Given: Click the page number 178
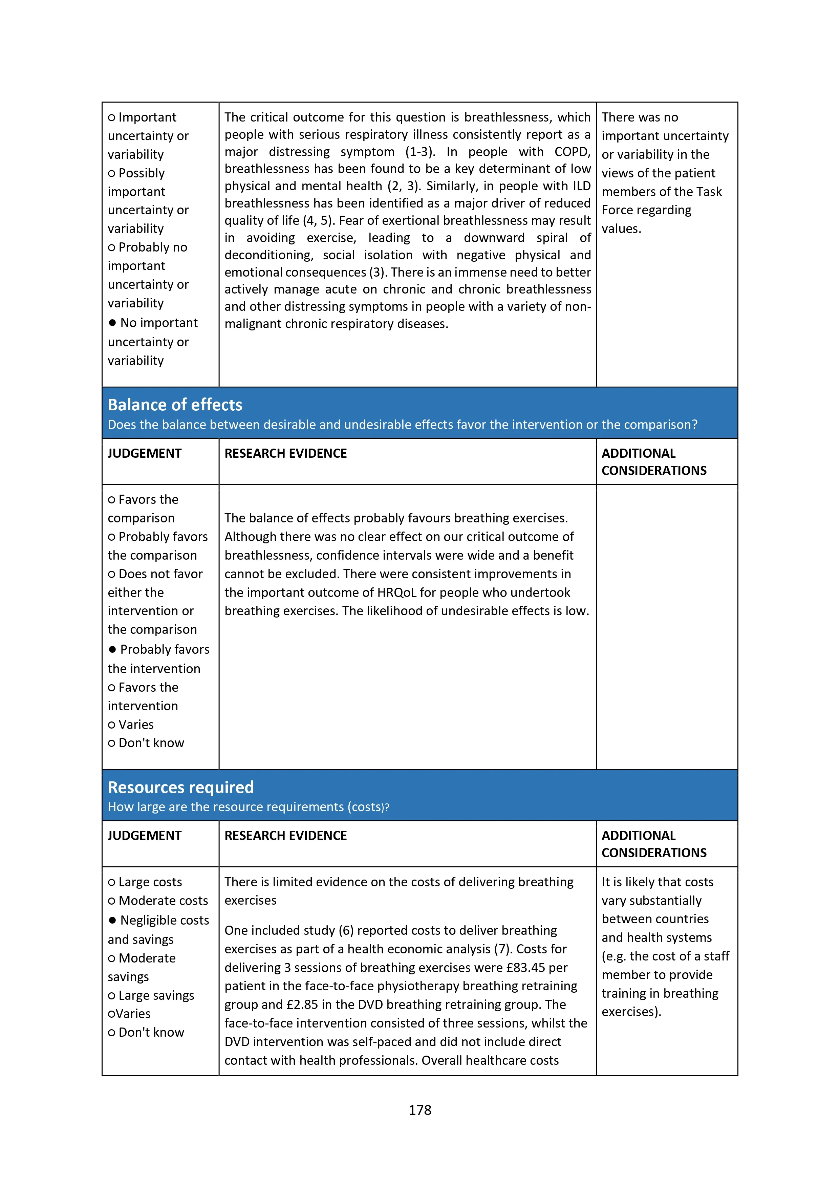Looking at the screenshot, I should pyautogui.click(x=420, y=1110).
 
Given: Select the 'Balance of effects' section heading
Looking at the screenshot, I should pyautogui.click(x=175, y=405).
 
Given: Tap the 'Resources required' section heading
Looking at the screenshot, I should pyautogui.click(x=180, y=787).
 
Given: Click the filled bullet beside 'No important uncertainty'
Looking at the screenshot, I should pyautogui.click(x=112, y=323).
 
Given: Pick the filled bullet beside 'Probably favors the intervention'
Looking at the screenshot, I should pyautogui.click(x=112, y=649).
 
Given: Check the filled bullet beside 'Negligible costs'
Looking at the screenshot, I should pyautogui.click(x=112, y=920).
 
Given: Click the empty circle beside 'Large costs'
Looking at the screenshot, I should pyautogui.click(x=111, y=882).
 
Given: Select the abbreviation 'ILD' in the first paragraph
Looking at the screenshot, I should pyautogui.click(x=581, y=186).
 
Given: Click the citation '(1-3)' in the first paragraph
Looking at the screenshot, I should pyautogui.click(x=420, y=152).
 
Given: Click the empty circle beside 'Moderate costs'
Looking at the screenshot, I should pyautogui.click(x=111, y=901).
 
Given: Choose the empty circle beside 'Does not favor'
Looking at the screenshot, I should pyautogui.click(x=111, y=574).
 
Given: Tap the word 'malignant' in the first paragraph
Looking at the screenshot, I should pyautogui.click(x=251, y=324).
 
